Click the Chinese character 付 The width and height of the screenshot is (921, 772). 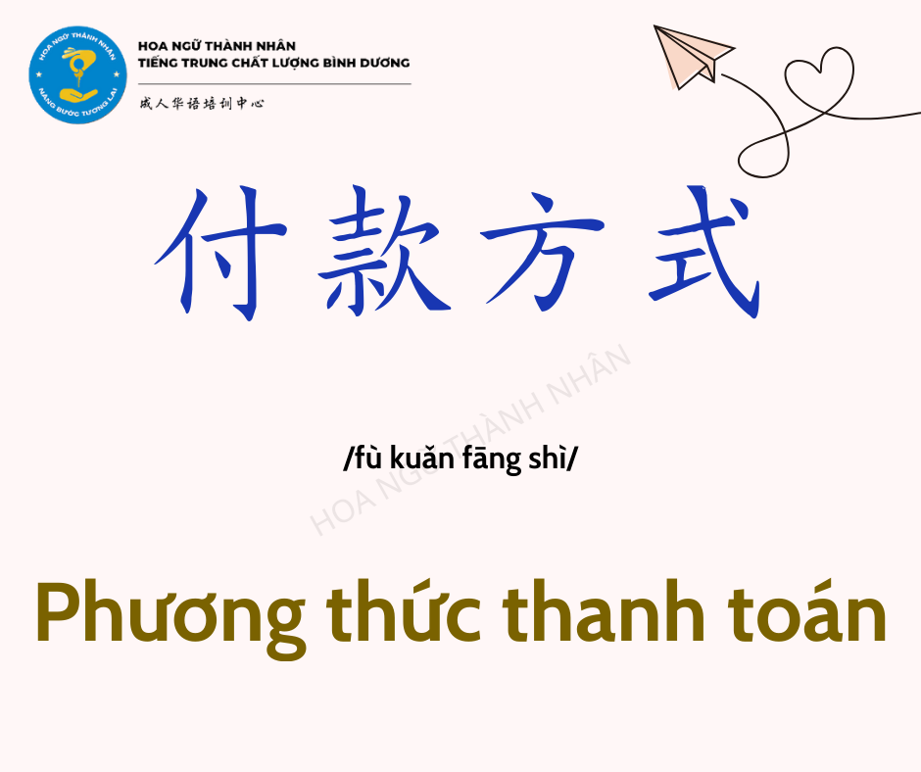pos(220,254)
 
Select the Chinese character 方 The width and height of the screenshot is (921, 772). pos(542,253)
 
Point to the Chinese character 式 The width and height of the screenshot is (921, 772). pos(704,252)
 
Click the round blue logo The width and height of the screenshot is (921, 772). pos(78,74)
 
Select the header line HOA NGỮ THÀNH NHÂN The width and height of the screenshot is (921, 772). pos(217,46)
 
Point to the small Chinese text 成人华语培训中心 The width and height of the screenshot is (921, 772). pos(202,104)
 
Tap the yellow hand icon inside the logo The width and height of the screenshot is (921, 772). pos(78,94)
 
